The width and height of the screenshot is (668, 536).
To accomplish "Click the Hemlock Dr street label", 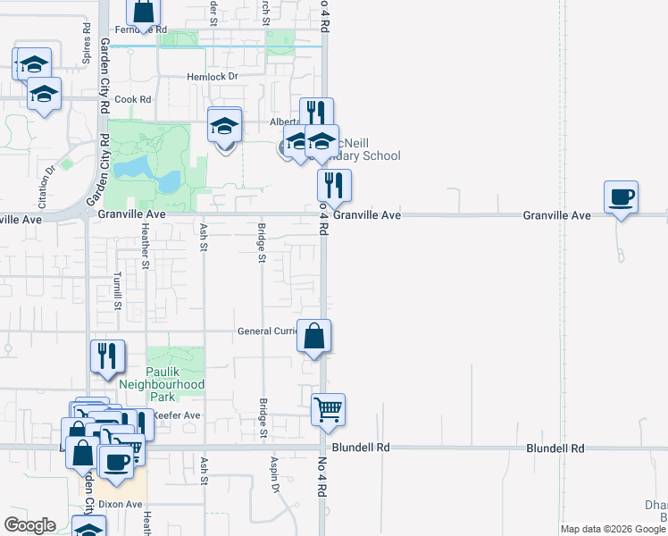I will [212, 77].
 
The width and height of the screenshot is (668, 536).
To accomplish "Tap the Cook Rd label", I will [132, 99].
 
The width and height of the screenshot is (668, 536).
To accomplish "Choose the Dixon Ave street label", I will [121, 504].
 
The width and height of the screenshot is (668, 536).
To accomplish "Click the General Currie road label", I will [266, 331].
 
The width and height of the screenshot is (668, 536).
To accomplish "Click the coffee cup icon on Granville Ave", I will [621, 197].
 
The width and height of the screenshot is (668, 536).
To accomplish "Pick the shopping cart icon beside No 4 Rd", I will [328, 411].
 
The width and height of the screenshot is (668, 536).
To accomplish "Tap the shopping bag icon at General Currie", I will [313, 337].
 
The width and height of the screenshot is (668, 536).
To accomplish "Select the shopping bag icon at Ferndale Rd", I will [144, 12].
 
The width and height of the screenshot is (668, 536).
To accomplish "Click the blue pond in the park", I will [143, 171].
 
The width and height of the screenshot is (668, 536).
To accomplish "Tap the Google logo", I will [30, 525].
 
